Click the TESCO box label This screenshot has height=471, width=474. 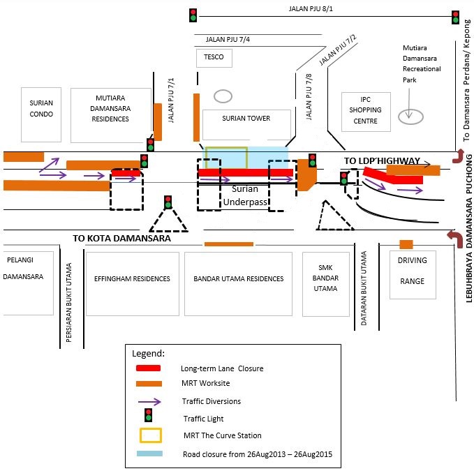[214, 57]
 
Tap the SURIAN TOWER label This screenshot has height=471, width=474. [246, 118]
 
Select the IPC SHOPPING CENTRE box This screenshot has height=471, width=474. [366, 112]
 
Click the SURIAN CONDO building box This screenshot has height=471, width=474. [41, 114]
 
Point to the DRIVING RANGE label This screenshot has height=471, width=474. [413, 271]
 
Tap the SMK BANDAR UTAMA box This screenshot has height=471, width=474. [326, 284]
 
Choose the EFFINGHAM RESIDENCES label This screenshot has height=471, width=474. [132, 278]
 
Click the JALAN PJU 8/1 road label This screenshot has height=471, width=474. [311, 9]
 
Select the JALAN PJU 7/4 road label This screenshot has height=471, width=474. [228, 39]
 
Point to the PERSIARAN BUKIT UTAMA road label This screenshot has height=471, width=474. [69, 302]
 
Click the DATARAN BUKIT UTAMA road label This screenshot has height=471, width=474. [364, 288]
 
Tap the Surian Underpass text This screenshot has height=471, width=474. [245, 195]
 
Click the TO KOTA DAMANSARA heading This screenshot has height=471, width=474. [122, 238]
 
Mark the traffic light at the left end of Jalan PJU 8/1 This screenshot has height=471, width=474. [193, 15]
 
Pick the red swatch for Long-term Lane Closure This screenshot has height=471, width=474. [148, 368]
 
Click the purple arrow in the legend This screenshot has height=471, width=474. [149, 401]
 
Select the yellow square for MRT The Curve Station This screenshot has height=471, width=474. [151, 435]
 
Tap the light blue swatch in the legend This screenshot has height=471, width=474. [149, 454]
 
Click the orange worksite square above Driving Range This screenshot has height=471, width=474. [406, 244]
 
